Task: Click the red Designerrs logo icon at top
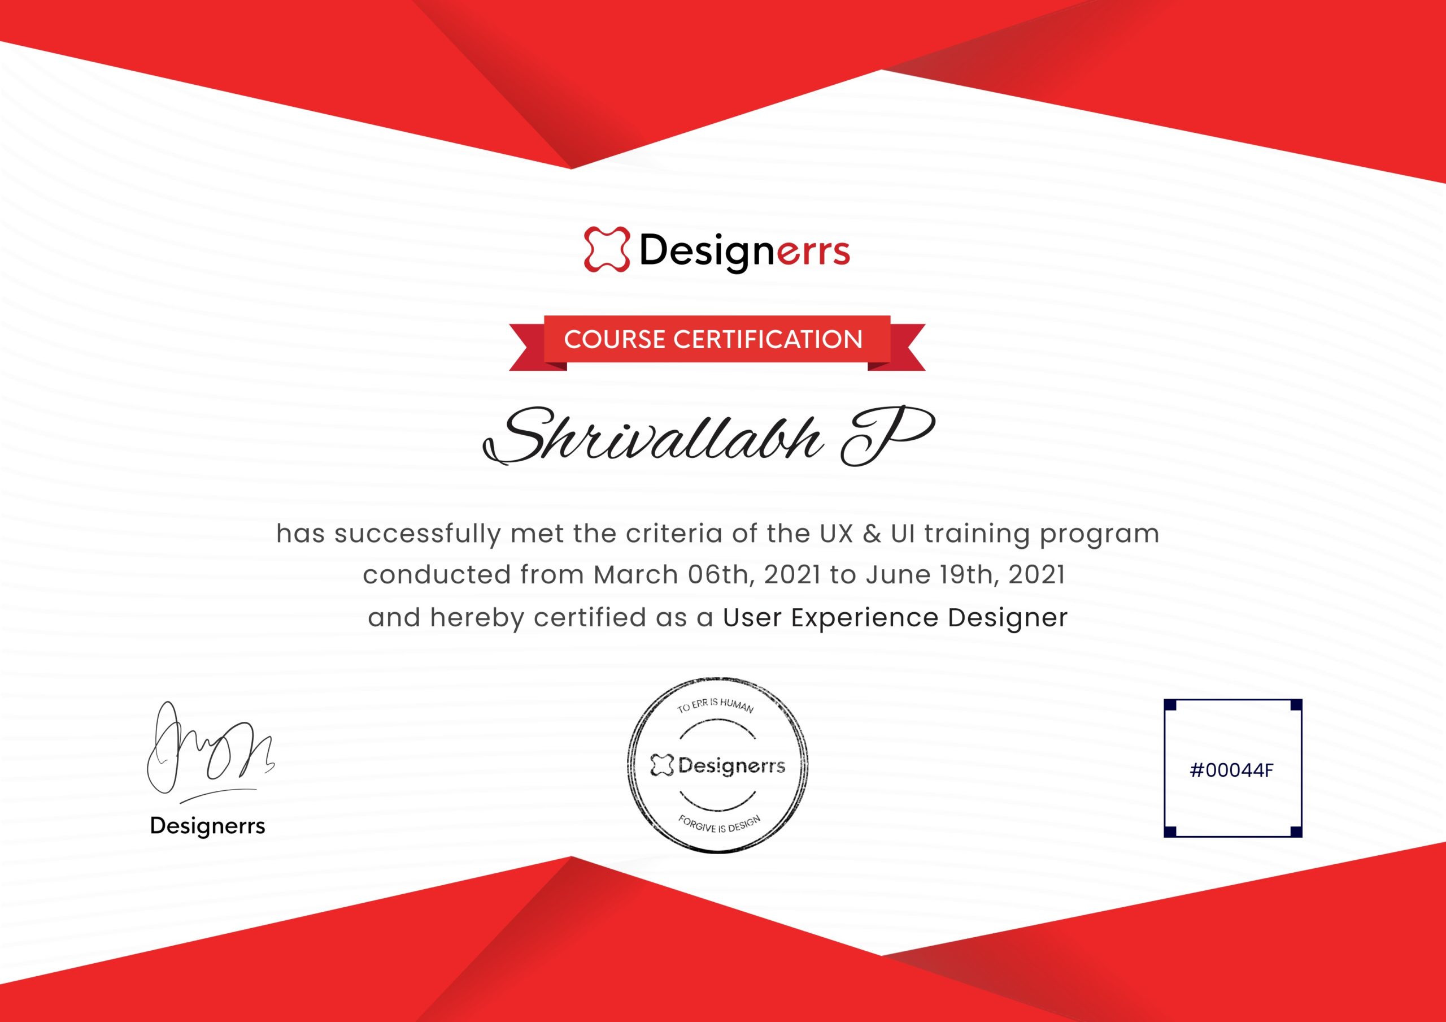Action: pos(607,249)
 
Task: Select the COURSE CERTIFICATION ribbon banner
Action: pos(717,343)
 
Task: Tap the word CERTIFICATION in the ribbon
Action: pos(768,340)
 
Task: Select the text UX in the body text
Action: pos(836,534)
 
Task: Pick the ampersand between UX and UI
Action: pos(872,534)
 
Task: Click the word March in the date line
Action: pos(635,575)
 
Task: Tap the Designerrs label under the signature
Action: pos(207,825)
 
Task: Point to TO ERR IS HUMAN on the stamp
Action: pos(716,705)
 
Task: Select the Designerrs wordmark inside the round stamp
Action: pos(718,765)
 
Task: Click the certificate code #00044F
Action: pos(1232,769)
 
